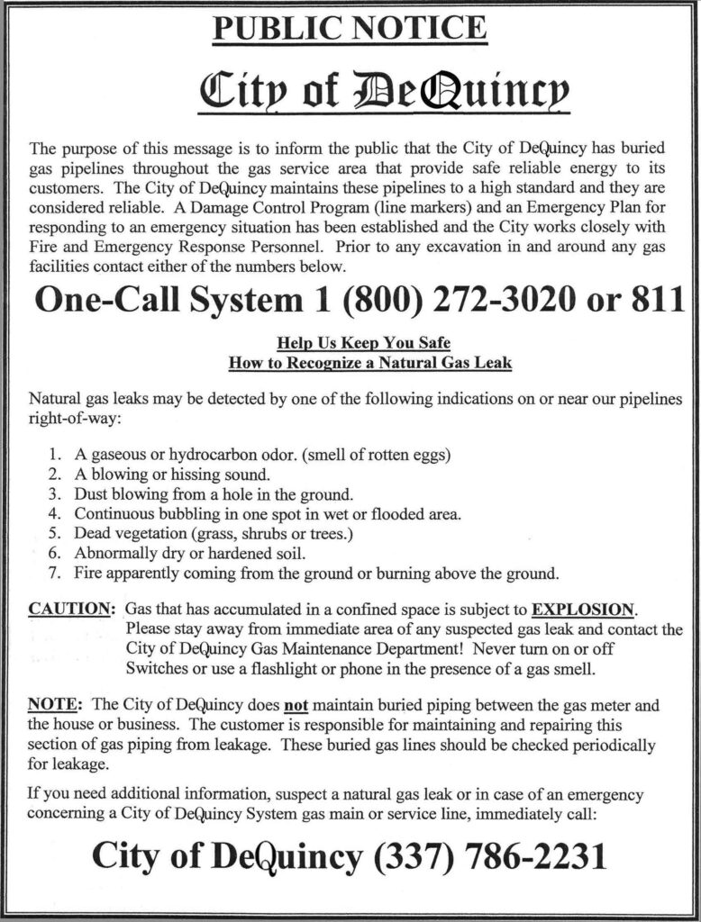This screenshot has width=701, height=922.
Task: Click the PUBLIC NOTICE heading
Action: pyautogui.click(x=350, y=29)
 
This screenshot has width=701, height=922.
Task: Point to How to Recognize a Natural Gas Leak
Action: pyautogui.click(x=369, y=363)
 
